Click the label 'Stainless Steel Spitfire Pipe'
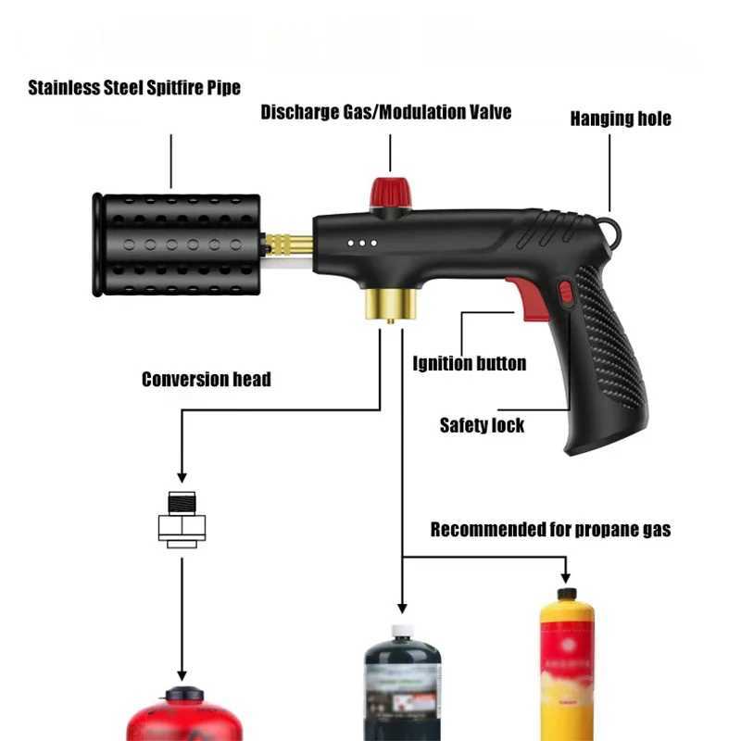[134, 89]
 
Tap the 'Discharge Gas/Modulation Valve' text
[385, 113]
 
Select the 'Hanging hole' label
[620, 119]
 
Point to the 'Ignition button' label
[470, 363]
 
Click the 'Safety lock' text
[482, 426]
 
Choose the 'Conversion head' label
[206, 379]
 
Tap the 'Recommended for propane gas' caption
[551, 530]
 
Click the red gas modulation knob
[391, 193]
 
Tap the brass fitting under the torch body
[389, 303]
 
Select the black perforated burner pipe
[176, 245]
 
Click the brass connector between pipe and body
[289, 245]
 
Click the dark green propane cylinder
[401, 685]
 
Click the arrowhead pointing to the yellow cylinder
[566, 575]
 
